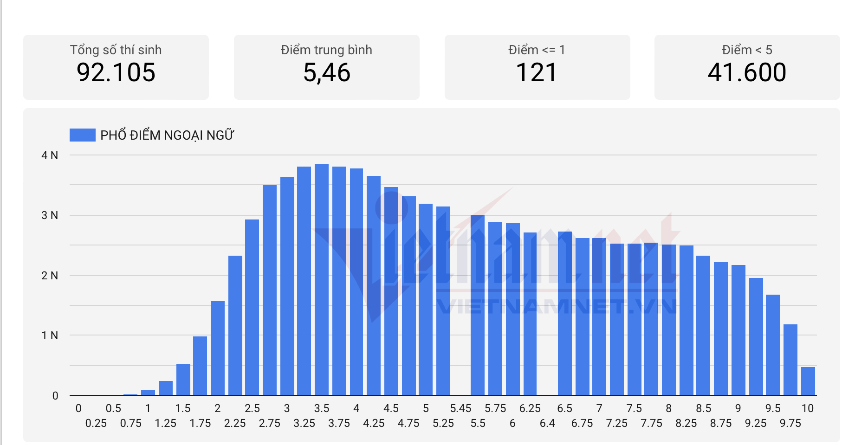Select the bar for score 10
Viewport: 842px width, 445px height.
808,381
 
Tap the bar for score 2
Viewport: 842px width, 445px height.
218,348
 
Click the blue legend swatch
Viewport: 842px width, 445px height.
82,135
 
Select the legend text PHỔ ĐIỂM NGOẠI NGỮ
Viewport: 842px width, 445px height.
167,135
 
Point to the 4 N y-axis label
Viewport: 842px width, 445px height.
50,155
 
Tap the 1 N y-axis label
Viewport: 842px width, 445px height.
50,335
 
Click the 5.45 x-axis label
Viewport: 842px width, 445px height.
460,408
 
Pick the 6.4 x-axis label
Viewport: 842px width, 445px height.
547,423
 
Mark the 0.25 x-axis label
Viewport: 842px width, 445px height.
96,423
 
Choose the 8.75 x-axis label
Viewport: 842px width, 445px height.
721,423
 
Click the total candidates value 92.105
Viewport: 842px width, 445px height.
116,73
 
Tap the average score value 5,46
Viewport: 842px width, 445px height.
327,73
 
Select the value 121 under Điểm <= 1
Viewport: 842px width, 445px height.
537,73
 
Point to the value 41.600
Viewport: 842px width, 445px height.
747,73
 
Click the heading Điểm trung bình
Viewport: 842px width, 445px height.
326,50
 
